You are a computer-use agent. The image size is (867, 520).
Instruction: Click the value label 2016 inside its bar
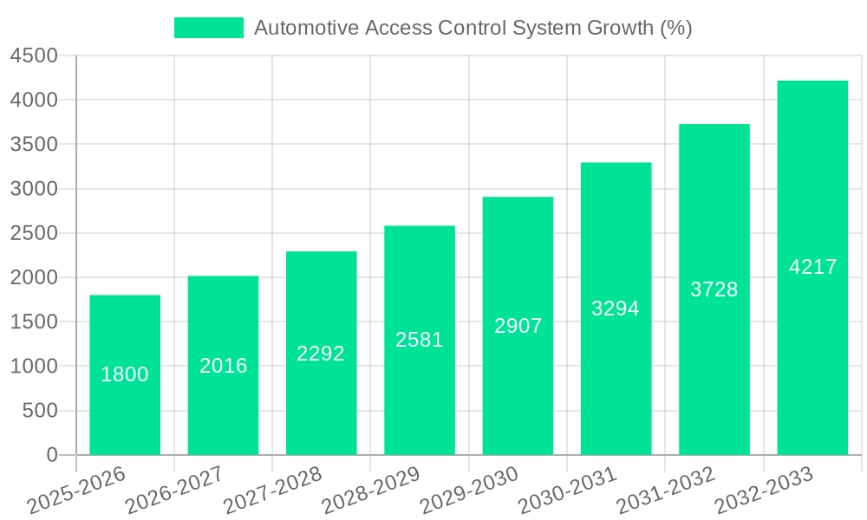[x=224, y=366]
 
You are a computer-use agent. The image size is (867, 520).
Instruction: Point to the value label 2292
[x=321, y=354]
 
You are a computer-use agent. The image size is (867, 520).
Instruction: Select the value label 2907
[x=518, y=326]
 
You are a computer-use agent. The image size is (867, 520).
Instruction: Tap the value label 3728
[x=714, y=289]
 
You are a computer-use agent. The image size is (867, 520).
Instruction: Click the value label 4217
[x=812, y=267]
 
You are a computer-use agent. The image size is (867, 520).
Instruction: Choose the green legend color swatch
[x=209, y=28]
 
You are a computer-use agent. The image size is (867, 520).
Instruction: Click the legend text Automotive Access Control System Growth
[x=473, y=28]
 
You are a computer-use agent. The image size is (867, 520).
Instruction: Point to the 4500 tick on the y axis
[x=34, y=56]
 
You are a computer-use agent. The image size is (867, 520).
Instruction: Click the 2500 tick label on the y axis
[x=34, y=233]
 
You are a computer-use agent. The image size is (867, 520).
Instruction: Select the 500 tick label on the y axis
[x=40, y=411]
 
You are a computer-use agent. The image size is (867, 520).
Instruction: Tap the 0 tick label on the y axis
[x=51, y=455]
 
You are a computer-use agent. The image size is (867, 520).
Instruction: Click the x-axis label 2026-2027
[x=174, y=490]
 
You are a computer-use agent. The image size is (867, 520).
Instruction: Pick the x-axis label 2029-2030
[x=469, y=490]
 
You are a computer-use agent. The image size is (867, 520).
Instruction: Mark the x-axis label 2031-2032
[x=665, y=490]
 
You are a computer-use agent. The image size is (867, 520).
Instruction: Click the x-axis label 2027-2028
[x=272, y=490]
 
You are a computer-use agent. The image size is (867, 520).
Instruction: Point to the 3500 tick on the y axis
[x=34, y=145]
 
